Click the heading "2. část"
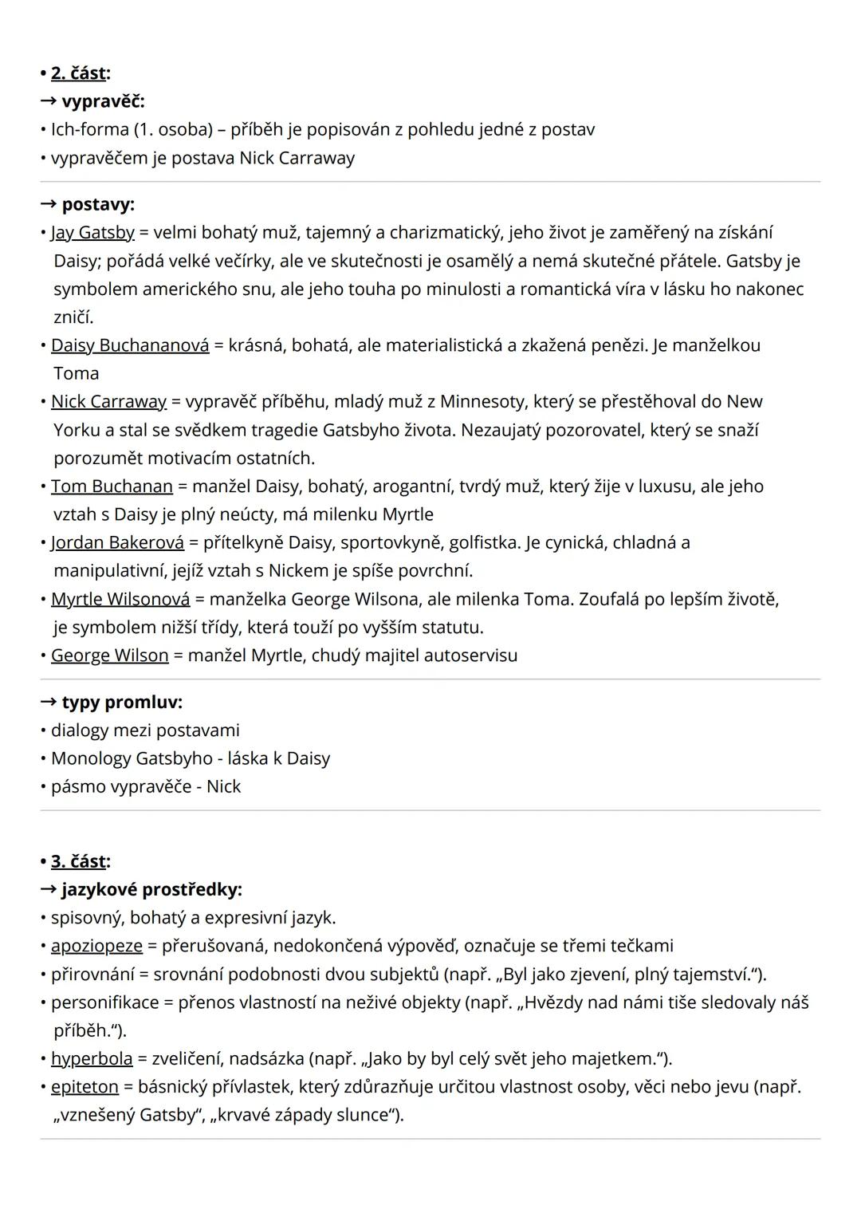(x=78, y=73)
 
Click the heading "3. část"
(x=78, y=861)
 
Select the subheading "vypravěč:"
(x=103, y=101)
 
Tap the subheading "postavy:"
(x=98, y=204)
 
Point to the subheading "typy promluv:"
(x=122, y=702)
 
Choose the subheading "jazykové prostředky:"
(x=151, y=889)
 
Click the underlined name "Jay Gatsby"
(x=92, y=233)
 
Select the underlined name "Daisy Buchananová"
(x=130, y=345)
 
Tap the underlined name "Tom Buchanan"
(x=112, y=486)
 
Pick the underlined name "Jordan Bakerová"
(x=117, y=542)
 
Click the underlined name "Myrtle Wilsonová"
(x=120, y=599)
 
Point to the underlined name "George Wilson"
(x=110, y=656)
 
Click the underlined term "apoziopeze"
(x=96, y=946)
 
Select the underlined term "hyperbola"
(x=92, y=1058)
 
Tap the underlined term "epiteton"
(x=85, y=1086)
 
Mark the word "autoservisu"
(x=470, y=656)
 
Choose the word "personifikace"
(x=104, y=1002)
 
